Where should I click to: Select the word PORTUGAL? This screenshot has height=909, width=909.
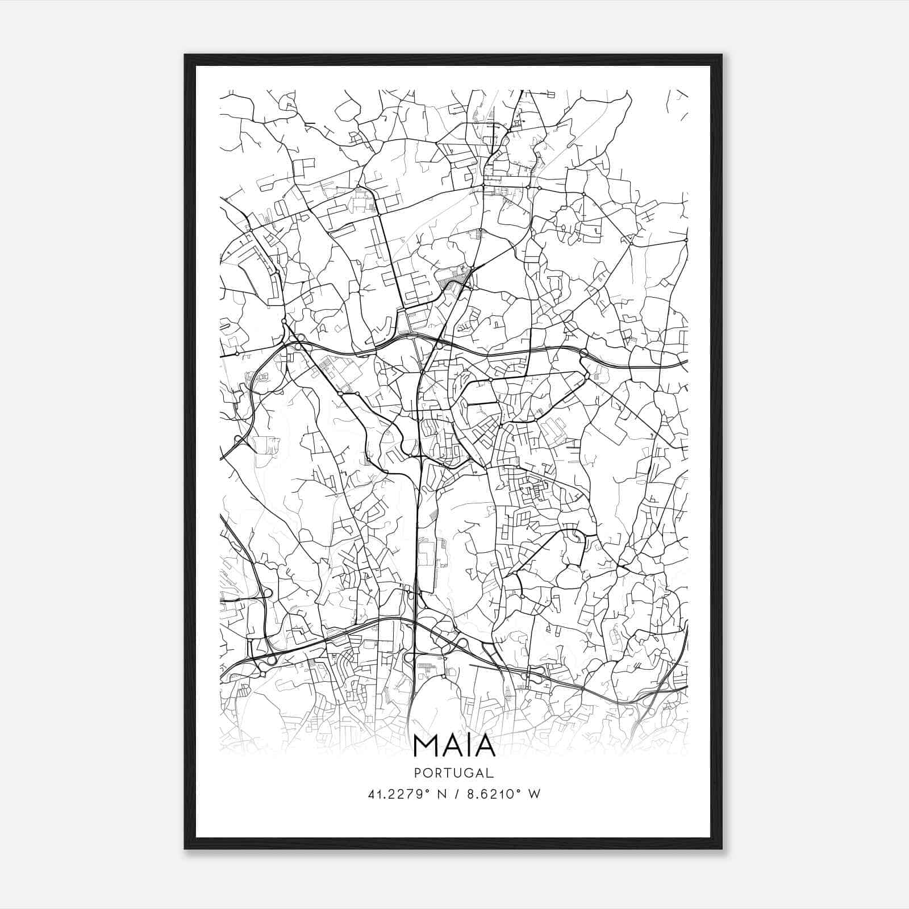pyautogui.click(x=454, y=773)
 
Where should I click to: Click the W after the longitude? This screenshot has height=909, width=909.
pyautogui.click(x=533, y=794)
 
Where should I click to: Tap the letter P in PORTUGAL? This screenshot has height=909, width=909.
pyautogui.click(x=418, y=773)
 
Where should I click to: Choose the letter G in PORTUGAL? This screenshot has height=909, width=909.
pyautogui.click(x=469, y=773)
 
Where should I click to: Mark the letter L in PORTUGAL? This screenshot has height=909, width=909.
pyautogui.click(x=490, y=773)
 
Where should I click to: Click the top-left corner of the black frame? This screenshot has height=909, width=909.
pyautogui.click(x=185, y=55)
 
